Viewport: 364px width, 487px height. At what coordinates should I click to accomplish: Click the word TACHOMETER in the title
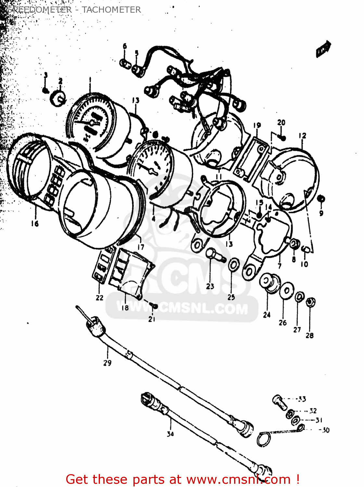pos(111,10)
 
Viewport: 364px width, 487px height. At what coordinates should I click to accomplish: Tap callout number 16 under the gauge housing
pos(35,223)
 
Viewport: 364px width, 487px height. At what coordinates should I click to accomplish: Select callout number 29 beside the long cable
pos(107,363)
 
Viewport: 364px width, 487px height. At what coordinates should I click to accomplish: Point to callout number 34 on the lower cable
pos(170,433)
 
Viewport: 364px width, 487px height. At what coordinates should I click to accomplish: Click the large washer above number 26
pos(287,290)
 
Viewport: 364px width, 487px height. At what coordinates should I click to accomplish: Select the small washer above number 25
pos(233,265)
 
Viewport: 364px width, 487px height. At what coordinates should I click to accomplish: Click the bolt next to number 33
pos(280,402)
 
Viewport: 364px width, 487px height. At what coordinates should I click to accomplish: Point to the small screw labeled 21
pos(154,306)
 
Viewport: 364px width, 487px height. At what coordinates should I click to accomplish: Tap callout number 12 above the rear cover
pos(302,135)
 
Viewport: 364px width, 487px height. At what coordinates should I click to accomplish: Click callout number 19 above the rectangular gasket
pos(257,125)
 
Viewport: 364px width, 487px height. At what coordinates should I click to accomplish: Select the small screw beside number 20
pos(282,138)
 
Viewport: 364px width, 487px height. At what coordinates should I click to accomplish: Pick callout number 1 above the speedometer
pos(90,79)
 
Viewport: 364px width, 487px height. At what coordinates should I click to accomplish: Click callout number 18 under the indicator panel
pos(125,307)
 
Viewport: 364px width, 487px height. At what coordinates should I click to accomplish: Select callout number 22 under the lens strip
pos(99,297)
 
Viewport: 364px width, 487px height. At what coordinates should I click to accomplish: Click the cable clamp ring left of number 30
pos(264,440)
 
